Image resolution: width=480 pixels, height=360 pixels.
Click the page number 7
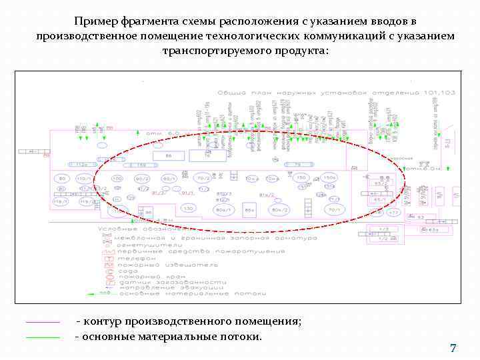453,349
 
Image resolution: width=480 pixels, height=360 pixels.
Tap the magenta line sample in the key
43,322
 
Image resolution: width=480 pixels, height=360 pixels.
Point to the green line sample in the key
43,337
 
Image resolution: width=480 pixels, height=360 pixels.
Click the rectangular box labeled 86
169,156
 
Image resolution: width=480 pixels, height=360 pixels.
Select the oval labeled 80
62,179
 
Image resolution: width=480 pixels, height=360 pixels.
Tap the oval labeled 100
117,179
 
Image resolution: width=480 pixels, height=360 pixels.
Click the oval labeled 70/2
203,179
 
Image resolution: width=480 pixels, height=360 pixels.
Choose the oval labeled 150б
329,179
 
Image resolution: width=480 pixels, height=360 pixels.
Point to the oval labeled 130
189,209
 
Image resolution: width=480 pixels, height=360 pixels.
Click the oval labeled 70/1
333,210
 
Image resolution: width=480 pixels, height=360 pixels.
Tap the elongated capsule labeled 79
297,164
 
